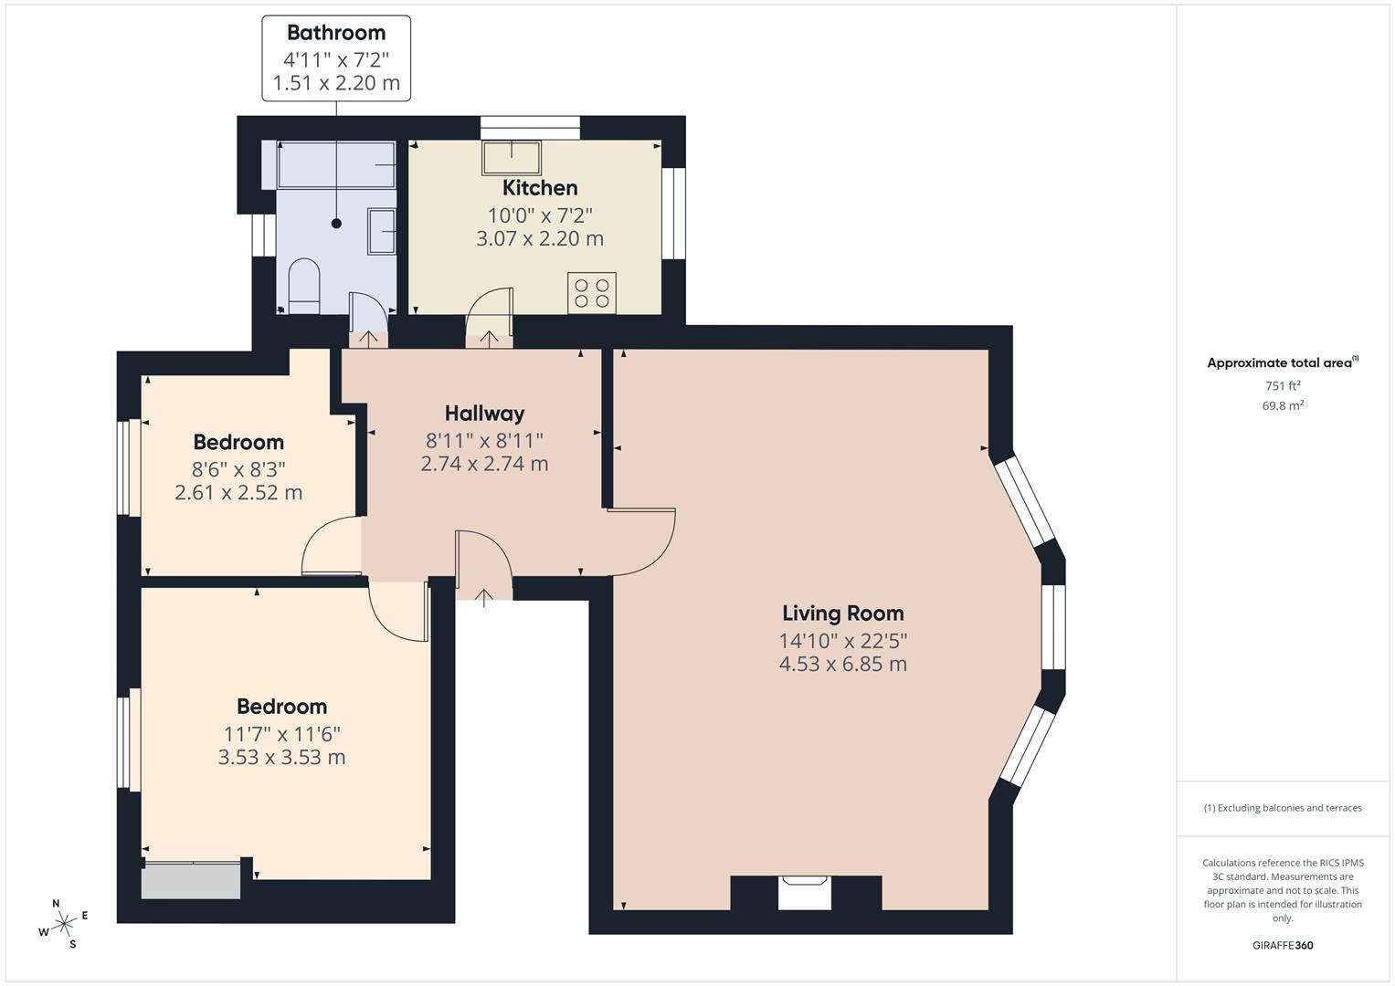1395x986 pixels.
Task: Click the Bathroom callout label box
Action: (x=335, y=58)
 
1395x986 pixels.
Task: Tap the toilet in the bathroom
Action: (x=304, y=286)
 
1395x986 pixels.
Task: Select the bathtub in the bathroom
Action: (x=336, y=164)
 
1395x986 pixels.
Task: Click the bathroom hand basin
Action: (x=382, y=231)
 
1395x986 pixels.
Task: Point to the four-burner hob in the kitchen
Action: (x=592, y=292)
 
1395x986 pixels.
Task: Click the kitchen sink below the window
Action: (x=512, y=158)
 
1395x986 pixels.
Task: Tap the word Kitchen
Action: (x=540, y=187)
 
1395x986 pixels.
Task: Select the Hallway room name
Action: (x=484, y=414)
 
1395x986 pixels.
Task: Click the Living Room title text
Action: (x=843, y=614)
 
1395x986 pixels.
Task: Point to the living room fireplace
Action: (x=805, y=891)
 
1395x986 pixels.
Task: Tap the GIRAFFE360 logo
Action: (x=1283, y=945)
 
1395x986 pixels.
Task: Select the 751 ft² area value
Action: (x=1283, y=385)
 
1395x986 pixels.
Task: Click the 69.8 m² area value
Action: (x=1283, y=405)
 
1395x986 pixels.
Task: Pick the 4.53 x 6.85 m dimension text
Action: (x=842, y=664)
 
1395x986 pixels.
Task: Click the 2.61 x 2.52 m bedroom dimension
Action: (x=238, y=492)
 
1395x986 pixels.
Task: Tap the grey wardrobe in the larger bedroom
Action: (x=191, y=879)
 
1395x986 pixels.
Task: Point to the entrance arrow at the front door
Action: (x=484, y=598)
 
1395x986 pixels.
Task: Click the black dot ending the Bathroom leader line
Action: (x=336, y=224)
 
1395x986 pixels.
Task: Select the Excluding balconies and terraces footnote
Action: (x=1283, y=808)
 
